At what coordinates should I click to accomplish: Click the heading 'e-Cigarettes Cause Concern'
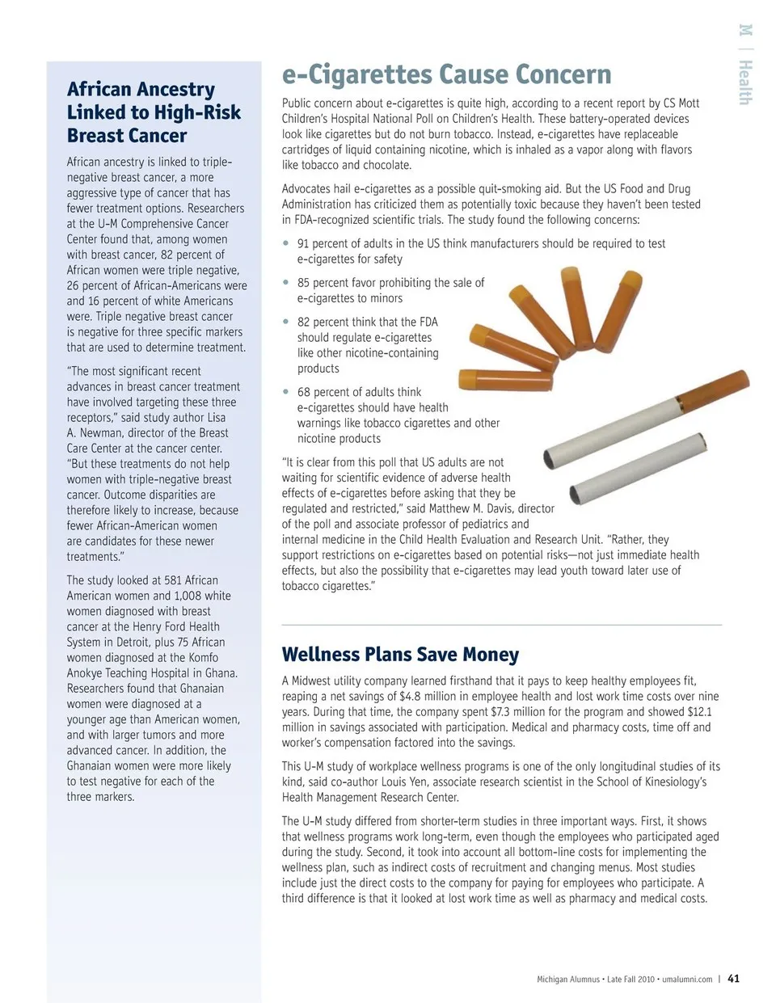pyautogui.click(x=446, y=74)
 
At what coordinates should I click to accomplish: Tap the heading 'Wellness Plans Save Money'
pyautogui.click(x=400, y=655)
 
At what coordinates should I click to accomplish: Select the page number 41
pyautogui.click(x=733, y=978)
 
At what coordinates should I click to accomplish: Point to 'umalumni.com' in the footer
pyautogui.click(x=687, y=979)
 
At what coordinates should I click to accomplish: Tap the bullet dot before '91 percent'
pyautogui.click(x=285, y=243)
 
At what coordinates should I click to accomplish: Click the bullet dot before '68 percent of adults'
pyautogui.click(x=285, y=392)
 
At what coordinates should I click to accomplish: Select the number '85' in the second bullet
pyautogui.click(x=304, y=283)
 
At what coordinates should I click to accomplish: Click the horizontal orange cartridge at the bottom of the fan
pyautogui.click(x=505, y=380)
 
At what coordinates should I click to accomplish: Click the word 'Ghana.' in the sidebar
pyautogui.click(x=221, y=673)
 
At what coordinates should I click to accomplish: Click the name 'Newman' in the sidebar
pyautogui.click(x=102, y=432)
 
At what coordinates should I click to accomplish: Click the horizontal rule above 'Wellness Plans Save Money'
pyautogui.click(x=501, y=625)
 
